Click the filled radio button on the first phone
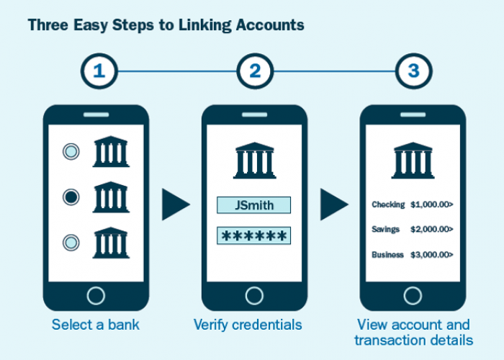[x=71, y=196]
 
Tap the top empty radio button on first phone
[x=71, y=152]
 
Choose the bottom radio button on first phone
[x=71, y=242]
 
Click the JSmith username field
[x=254, y=205]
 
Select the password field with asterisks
[x=254, y=236]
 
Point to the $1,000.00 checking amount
[x=431, y=204]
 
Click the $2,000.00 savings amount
[x=431, y=229]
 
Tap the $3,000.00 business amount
[x=431, y=254]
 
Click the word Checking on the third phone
[x=388, y=204]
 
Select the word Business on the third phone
[x=387, y=254]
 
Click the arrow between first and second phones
[x=175, y=204]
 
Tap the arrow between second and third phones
[x=333, y=204]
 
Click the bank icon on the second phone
[x=254, y=160]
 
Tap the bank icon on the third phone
[x=413, y=160]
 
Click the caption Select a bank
[x=96, y=325]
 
